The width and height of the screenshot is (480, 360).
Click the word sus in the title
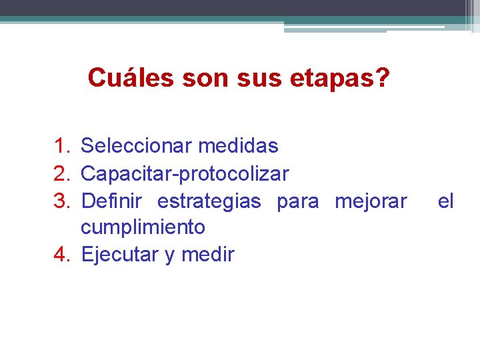(251, 78)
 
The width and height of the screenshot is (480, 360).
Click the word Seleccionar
(135, 146)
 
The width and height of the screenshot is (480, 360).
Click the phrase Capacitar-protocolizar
(185, 174)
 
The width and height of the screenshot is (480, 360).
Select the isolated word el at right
(445, 201)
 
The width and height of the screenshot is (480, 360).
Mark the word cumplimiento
(143, 228)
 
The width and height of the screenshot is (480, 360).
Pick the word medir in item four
(209, 255)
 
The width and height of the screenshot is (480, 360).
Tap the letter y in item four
(170, 256)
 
